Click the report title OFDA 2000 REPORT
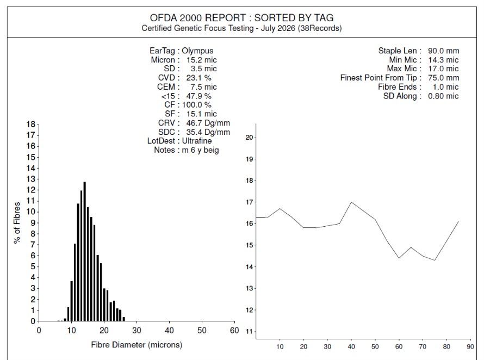tap(198, 17)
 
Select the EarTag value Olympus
tap(197, 51)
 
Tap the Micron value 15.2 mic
tap(202, 60)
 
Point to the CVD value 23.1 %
tap(199, 78)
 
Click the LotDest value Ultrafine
tap(197, 141)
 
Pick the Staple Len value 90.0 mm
tap(444, 51)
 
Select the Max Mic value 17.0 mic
tap(444, 69)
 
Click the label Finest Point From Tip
tap(378, 78)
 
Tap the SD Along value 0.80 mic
tap(443, 96)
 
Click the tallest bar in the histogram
tap(85, 252)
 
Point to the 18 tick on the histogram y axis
tap(31, 125)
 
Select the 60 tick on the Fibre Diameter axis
tap(234, 330)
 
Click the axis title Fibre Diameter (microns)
tap(136, 345)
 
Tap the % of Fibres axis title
tap(17, 222)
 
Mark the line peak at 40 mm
tap(351, 202)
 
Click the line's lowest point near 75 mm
tap(435, 260)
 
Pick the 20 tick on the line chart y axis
tap(249, 138)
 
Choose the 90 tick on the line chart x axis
tap(470, 346)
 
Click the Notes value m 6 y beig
tap(200, 150)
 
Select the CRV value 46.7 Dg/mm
tap(208, 123)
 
